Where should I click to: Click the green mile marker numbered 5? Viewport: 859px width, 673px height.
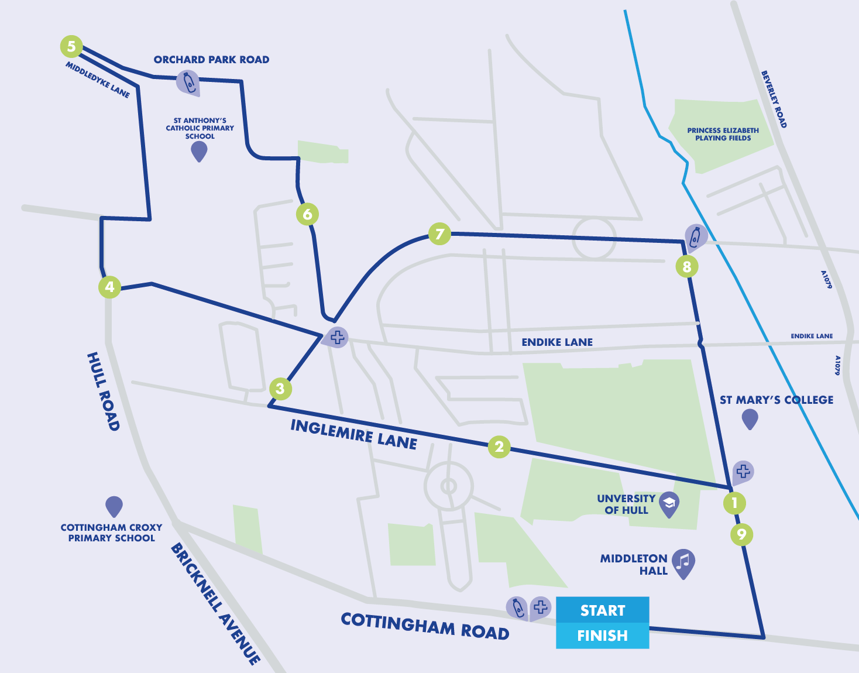click(x=71, y=46)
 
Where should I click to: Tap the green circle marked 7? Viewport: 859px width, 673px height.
click(x=439, y=234)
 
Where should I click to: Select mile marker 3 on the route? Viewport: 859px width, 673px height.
click(x=280, y=389)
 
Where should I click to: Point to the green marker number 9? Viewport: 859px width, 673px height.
click(x=741, y=534)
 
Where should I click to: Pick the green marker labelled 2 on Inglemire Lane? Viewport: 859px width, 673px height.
click(x=499, y=447)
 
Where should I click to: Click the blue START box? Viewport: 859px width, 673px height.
click(x=602, y=610)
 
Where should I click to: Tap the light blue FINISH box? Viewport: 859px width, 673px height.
click(x=602, y=636)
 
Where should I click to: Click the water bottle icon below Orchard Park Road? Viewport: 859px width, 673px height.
click(x=188, y=83)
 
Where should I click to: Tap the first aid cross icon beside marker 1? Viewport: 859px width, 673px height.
click(x=743, y=472)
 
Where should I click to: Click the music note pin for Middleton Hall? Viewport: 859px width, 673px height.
click(x=683, y=562)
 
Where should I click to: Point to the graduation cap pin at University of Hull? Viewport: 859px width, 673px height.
click(x=669, y=503)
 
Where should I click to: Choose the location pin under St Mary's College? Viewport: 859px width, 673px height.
click(x=750, y=419)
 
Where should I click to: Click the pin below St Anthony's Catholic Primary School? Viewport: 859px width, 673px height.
click(x=199, y=152)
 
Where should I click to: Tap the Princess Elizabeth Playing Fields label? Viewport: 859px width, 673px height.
click(x=723, y=135)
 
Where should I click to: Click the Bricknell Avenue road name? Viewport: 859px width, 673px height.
click(x=215, y=603)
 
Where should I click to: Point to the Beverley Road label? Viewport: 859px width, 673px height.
click(x=774, y=99)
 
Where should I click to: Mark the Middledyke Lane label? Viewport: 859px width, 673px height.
click(x=98, y=80)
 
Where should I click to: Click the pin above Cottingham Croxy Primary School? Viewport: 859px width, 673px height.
click(x=114, y=506)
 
